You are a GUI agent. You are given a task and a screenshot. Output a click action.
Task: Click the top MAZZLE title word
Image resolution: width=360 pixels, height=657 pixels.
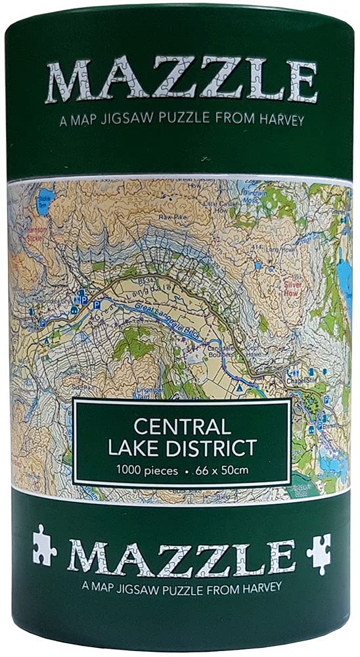[x=181, y=81]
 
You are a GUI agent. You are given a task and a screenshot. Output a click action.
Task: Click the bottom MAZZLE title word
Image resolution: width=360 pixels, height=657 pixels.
[x=181, y=556]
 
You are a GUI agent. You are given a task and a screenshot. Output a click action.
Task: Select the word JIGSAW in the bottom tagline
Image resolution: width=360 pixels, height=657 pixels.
[x=149, y=586]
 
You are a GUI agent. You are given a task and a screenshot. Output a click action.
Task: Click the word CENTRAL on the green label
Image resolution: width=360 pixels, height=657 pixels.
[x=181, y=427]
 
